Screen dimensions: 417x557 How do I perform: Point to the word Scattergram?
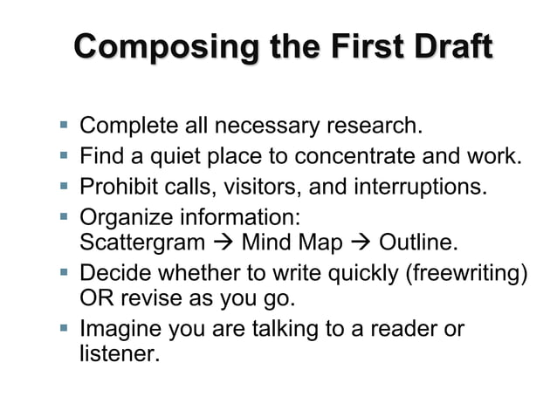pyautogui.click(x=141, y=241)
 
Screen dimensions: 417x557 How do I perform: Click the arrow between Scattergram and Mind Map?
pyautogui.click(x=223, y=242)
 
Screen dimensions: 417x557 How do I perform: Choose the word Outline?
pyautogui.click(x=421, y=241)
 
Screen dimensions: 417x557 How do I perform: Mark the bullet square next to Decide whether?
pyautogui.click(x=64, y=271)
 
